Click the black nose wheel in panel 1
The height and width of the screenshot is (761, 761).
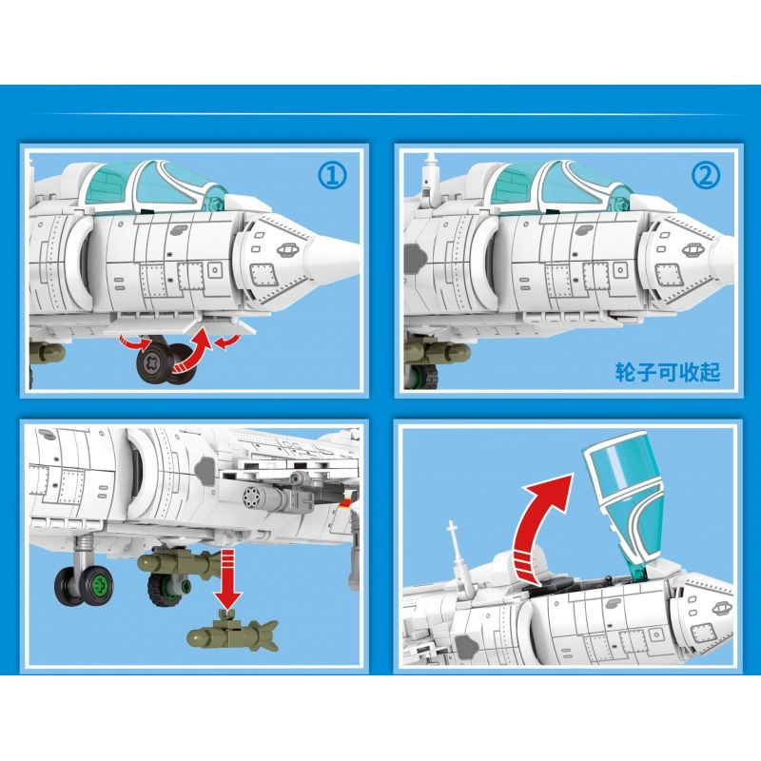[156, 363]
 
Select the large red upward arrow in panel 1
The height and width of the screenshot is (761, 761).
[194, 349]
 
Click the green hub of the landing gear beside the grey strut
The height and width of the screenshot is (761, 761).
[100, 583]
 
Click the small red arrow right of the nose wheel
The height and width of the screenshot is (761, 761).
[226, 342]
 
